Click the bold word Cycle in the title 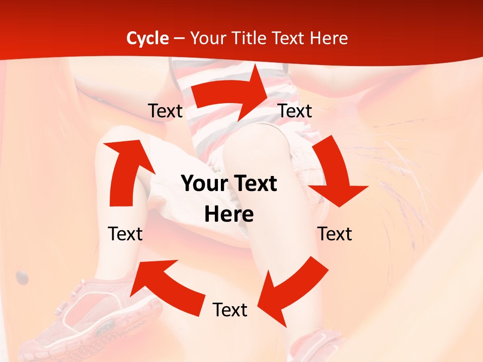pos(147,38)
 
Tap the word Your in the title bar pos(208,38)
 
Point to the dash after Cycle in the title pos(179,39)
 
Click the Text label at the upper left pos(165,111)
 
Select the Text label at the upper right pos(295,111)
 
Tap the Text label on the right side pos(335,234)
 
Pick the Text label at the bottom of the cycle pos(230,310)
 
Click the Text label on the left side pos(125,234)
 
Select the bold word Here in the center pos(229,215)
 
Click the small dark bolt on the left pos(22,276)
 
